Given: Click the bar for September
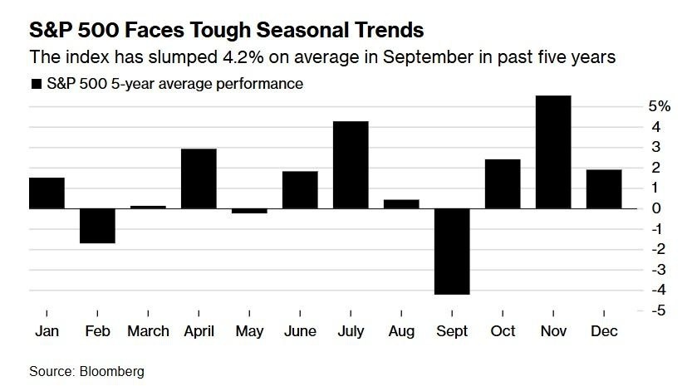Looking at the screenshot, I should pyautogui.click(x=452, y=252).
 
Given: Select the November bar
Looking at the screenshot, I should pyautogui.click(x=553, y=152).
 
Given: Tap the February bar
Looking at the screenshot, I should pyautogui.click(x=97, y=226).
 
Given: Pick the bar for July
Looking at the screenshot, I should pyautogui.click(x=351, y=164).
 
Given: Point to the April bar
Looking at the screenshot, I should pyautogui.click(x=199, y=178).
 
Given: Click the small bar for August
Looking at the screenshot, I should pyautogui.click(x=401, y=204).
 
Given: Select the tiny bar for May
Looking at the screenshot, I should pyautogui.click(x=249, y=211).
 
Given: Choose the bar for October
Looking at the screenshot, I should pyautogui.click(x=503, y=183).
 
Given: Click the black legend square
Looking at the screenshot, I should pyautogui.click(x=35, y=84).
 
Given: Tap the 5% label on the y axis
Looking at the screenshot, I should pyautogui.click(x=636, y=106).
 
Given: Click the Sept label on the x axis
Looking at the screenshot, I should pyautogui.click(x=452, y=330).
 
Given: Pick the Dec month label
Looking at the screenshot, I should pyautogui.click(x=604, y=330).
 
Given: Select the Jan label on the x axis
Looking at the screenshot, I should pyautogui.click(x=47, y=330).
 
